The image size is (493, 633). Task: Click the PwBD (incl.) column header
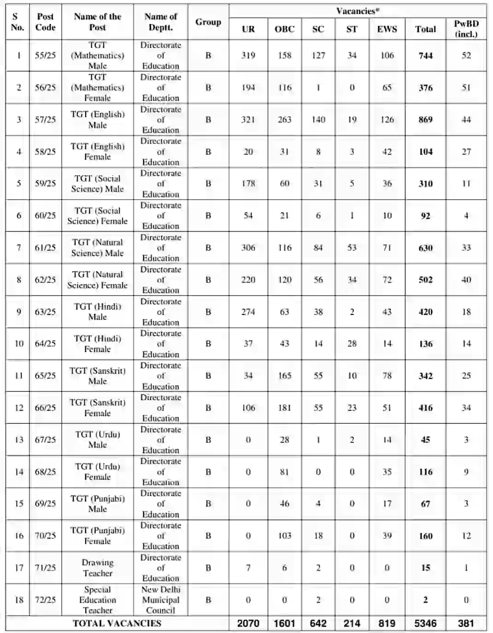tap(466, 29)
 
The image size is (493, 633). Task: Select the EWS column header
tap(387, 29)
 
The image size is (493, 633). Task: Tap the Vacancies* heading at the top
tap(358, 11)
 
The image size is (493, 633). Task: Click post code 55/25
tap(45, 55)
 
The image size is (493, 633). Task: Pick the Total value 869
tap(425, 119)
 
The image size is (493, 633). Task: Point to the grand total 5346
tap(425, 623)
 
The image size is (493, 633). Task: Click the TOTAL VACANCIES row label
tap(117, 623)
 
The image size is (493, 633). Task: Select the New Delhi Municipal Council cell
tap(161, 600)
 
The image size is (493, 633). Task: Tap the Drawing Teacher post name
tap(97, 568)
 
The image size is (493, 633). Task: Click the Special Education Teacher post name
tap(97, 600)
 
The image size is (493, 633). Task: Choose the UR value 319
tap(248, 55)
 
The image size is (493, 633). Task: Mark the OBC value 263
tap(284, 119)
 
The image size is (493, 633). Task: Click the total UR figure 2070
tap(248, 623)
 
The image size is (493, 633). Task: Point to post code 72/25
tap(45, 600)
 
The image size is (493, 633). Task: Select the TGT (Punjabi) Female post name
tap(97, 536)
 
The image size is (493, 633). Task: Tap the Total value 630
tap(425, 248)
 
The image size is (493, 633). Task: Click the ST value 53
tap(352, 248)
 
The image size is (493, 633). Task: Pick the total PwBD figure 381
tap(466, 623)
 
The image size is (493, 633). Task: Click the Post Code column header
tap(45, 22)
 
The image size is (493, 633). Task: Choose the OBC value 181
tap(284, 408)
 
